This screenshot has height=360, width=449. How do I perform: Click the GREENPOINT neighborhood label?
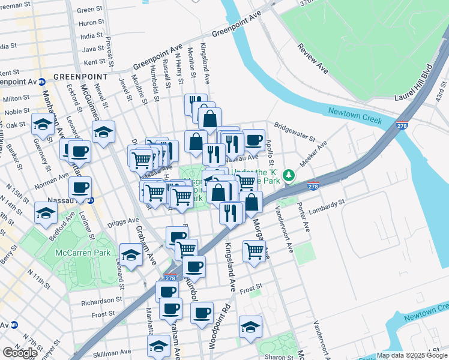80,77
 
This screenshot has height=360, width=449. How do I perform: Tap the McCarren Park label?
82,253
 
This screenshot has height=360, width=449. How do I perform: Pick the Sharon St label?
280,356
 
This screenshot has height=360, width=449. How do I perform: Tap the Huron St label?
88,23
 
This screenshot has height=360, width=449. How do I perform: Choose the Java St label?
92,49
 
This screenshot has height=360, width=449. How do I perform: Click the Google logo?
20,353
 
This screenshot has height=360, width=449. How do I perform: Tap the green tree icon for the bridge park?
289,175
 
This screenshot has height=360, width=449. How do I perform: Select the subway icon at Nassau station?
91,200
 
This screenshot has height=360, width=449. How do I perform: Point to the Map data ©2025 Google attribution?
412,355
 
